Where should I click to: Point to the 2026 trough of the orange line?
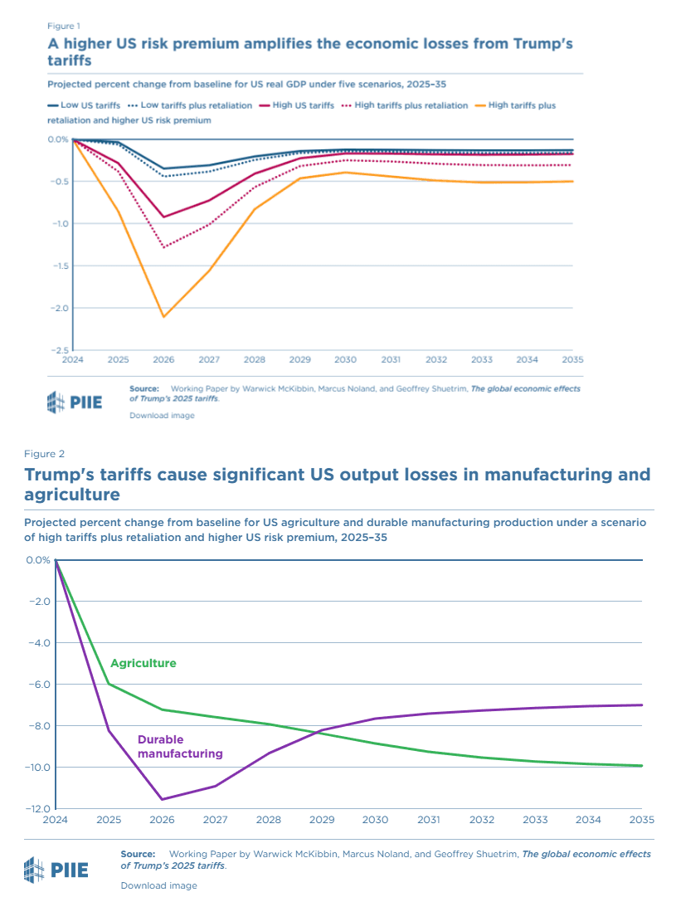tap(163, 317)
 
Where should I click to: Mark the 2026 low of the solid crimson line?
tap(163, 217)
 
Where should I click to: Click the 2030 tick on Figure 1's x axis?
tap(345, 360)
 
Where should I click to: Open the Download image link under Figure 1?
tap(162, 415)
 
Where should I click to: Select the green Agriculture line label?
tap(143, 663)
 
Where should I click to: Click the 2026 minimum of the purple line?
tap(162, 799)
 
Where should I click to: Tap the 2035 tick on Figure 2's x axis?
tap(642, 820)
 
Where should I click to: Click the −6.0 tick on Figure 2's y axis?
tap(38, 685)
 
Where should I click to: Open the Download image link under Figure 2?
tap(158, 885)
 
